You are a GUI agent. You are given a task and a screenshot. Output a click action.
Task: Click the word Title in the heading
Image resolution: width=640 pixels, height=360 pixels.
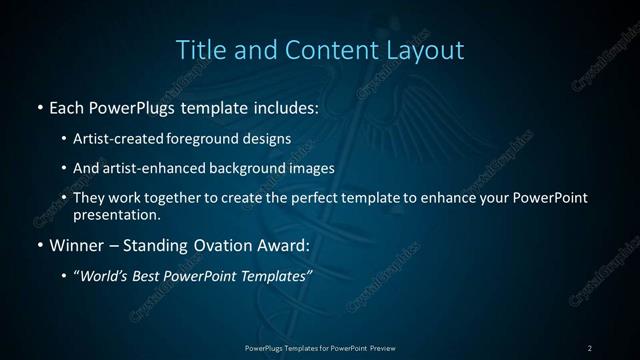(200, 49)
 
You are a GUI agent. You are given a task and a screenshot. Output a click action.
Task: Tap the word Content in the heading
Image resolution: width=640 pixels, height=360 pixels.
(322, 49)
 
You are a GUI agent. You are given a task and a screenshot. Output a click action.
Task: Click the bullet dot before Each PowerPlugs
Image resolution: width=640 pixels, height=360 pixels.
(39, 105)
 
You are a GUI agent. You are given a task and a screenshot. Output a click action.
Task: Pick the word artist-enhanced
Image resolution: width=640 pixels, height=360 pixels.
(154, 169)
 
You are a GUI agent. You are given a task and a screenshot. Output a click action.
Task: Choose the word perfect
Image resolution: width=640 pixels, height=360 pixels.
(308, 198)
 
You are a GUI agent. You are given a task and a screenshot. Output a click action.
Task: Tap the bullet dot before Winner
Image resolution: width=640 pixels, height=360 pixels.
(39, 245)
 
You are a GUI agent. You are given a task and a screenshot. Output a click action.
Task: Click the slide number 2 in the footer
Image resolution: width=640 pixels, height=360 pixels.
(590, 347)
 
